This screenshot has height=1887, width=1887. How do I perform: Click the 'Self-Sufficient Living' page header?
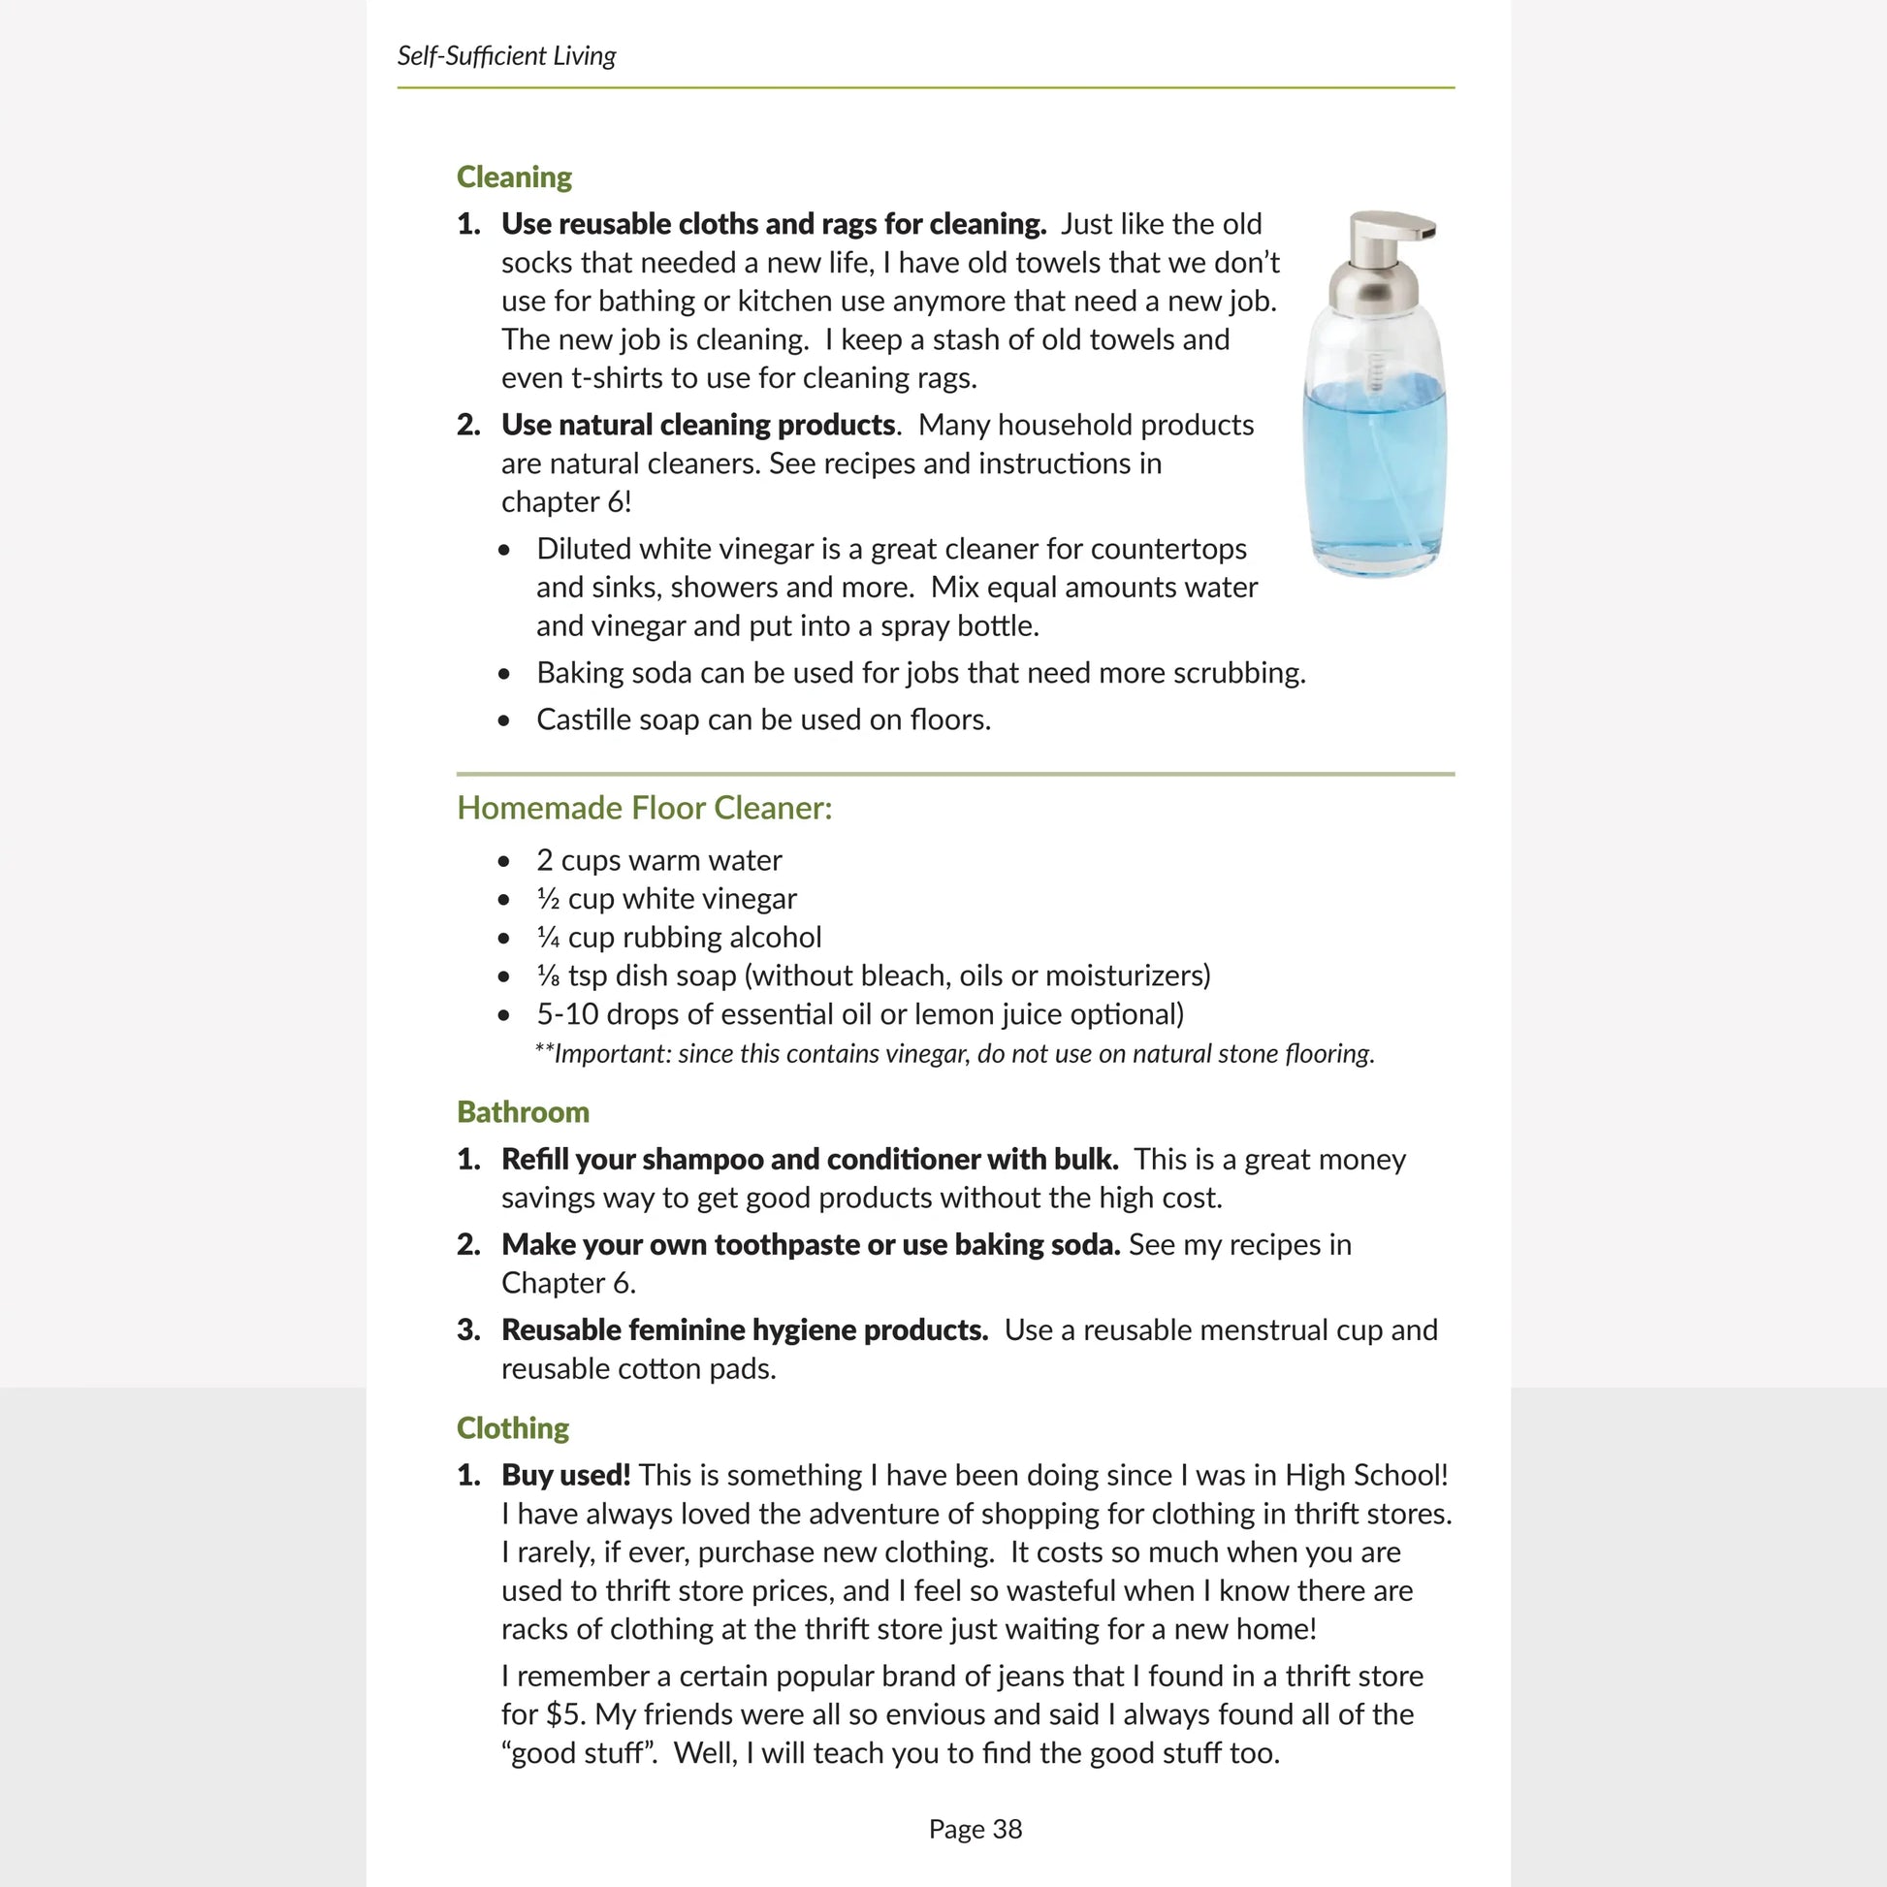(x=506, y=55)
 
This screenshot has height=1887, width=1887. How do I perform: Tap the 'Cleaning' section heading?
(x=514, y=176)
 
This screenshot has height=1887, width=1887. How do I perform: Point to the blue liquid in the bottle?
(x=1374, y=468)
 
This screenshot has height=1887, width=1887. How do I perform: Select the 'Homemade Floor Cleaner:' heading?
(x=645, y=808)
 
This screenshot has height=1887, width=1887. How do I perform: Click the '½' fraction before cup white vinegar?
(x=548, y=899)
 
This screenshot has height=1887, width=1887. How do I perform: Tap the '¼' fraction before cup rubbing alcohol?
(x=548, y=938)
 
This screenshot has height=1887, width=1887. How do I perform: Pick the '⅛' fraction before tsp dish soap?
(x=548, y=975)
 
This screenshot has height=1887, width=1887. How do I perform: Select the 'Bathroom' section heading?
(x=523, y=1111)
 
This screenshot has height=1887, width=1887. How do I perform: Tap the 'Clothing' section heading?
(x=513, y=1428)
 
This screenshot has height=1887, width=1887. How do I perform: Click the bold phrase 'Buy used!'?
(x=565, y=1475)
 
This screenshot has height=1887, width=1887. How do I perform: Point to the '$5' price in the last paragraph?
(x=564, y=1714)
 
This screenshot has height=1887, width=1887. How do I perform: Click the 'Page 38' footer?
(x=975, y=1830)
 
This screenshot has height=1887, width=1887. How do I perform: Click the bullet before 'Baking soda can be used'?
(x=504, y=674)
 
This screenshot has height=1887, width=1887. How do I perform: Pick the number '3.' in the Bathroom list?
(x=468, y=1330)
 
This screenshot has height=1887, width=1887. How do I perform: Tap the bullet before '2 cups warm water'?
(x=504, y=861)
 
